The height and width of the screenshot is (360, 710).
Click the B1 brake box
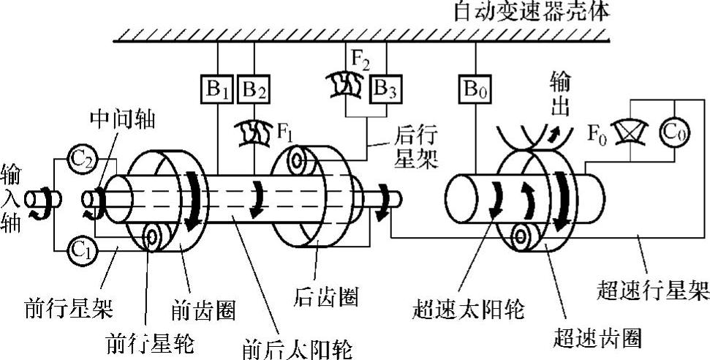click(218, 90)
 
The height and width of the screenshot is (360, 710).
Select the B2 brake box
click(254, 90)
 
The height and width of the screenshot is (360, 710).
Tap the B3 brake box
click(383, 90)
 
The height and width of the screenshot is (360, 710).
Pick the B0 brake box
click(475, 90)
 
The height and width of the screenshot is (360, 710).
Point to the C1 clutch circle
click(80, 249)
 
